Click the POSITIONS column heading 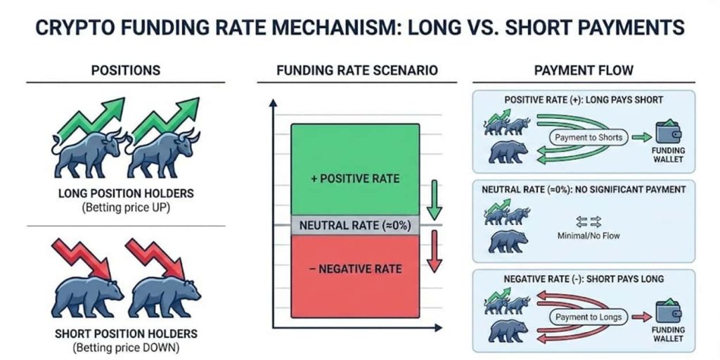point(125,70)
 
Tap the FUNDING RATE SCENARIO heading point(356,70)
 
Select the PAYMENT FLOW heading point(584,70)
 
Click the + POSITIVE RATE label point(355,178)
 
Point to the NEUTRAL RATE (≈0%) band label point(354,226)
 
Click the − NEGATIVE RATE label point(355,269)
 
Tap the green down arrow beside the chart point(434,199)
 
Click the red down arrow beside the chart point(434,252)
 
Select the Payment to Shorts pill point(589,137)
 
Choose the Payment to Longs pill point(589,317)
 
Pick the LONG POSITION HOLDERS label point(125,193)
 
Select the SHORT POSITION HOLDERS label point(125,333)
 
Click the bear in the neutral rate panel point(508,242)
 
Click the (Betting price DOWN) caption point(126,347)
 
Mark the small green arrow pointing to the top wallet point(641,137)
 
